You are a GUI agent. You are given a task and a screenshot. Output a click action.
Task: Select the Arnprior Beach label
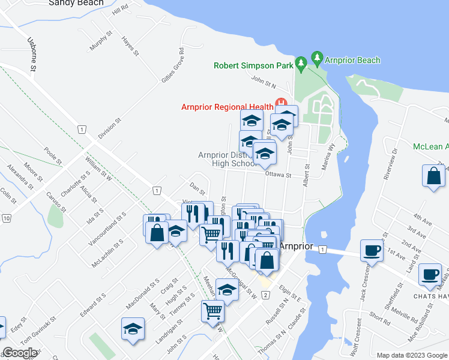[352, 60]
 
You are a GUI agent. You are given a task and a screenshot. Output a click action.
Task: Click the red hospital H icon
[279, 103]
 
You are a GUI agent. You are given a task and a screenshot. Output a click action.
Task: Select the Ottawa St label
[277, 176]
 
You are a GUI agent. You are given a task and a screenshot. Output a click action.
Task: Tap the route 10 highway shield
[7, 218]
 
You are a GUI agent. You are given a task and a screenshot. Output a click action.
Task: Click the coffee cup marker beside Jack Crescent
[371, 250]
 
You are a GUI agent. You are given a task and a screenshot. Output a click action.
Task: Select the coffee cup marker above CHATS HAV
[430, 274]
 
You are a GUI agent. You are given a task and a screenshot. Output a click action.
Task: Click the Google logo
[20, 353]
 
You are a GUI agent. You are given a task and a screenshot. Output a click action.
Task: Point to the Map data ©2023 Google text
[411, 355]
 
